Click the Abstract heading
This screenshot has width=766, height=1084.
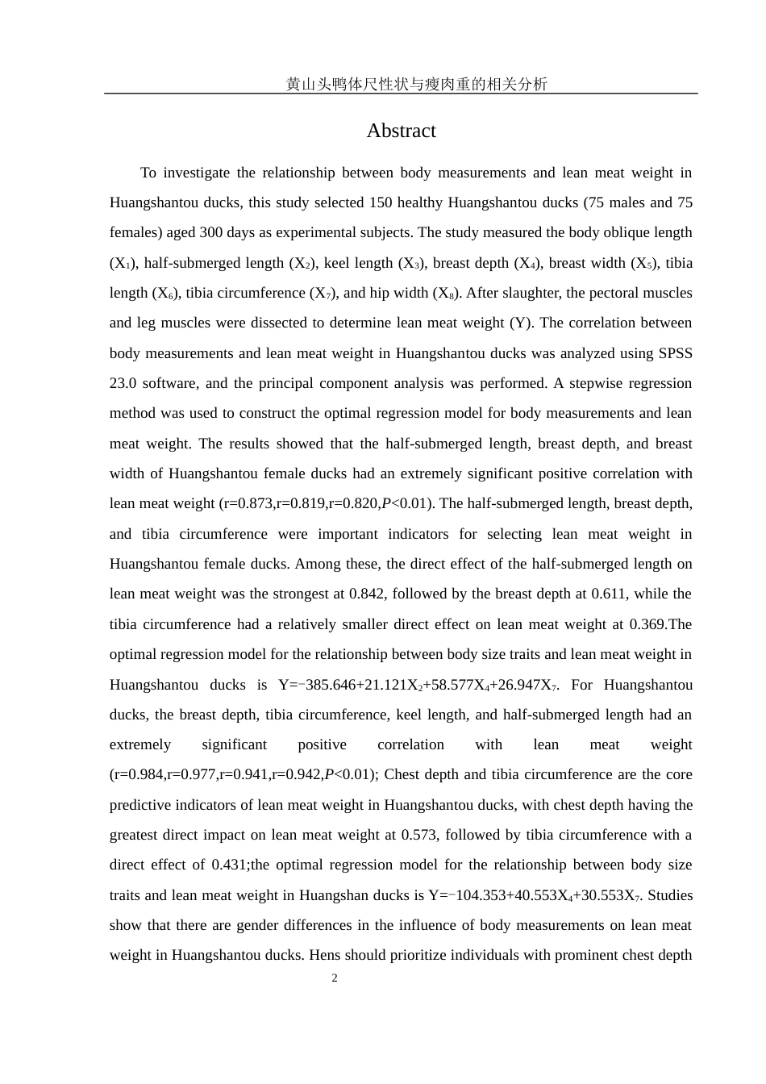[401, 131]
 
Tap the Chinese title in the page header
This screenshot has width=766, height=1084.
[416, 84]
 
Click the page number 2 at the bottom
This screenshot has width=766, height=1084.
[335, 978]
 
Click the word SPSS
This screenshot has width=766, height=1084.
[676, 353]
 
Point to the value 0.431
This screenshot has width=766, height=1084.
[229, 865]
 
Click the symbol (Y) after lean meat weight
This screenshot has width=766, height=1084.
[520, 323]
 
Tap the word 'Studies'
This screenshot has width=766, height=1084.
[670, 895]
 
